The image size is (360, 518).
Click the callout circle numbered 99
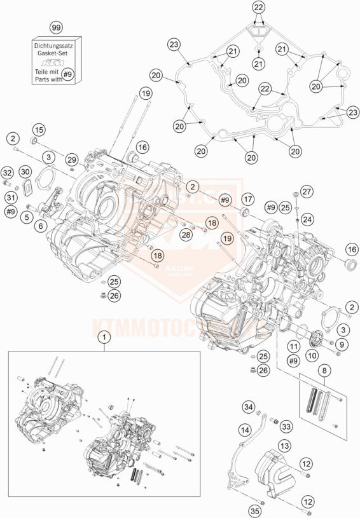(x=57, y=29)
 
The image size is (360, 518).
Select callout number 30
(x=25, y=172)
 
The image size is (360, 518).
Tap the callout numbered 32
(x=7, y=172)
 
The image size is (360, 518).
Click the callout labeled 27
(x=307, y=192)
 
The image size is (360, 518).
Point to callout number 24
(x=307, y=219)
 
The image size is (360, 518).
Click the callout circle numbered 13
(x=284, y=446)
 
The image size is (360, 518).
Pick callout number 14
(x=244, y=430)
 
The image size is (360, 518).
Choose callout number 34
(x=249, y=407)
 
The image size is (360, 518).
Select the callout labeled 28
(x=185, y=236)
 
